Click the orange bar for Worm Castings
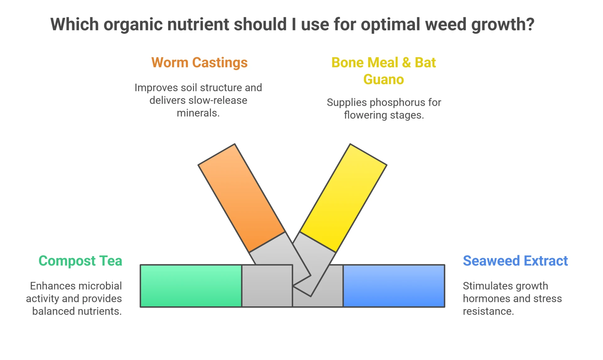242,198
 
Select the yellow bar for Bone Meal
343,198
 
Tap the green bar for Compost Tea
191,286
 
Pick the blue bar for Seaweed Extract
394,286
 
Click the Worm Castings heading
199,62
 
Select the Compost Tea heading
80,261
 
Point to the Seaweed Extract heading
515,261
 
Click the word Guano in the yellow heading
383,79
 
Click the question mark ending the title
530,24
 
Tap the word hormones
483,298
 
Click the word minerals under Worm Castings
198,113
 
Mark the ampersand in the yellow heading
406,62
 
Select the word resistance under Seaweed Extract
488,311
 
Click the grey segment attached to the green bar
267,286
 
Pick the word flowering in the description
365,116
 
